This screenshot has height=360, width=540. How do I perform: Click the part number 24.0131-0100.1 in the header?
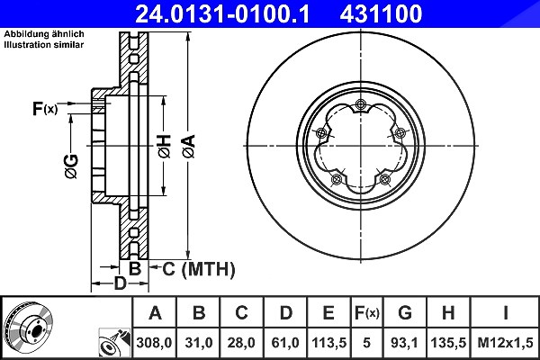pyautogui.click(x=222, y=13)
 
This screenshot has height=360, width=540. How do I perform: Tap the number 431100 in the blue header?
pyautogui.click(x=381, y=13)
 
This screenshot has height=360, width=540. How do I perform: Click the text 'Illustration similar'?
pyautogui.click(x=44, y=45)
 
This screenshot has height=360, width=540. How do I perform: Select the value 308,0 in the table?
pyautogui.click(x=154, y=343)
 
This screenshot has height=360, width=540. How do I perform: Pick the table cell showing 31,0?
pyautogui.click(x=199, y=343)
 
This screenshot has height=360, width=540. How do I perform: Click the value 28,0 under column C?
pyautogui.click(x=241, y=343)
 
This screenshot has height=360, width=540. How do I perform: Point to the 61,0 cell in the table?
pyautogui.click(x=285, y=343)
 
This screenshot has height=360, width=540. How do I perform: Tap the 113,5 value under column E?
pyautogui.click(x=328, y=343)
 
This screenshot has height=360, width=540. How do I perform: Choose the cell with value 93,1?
pyautogui.click(x=405, y=343)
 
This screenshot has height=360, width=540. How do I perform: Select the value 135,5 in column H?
pyautogui.click(x=448, y=343)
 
